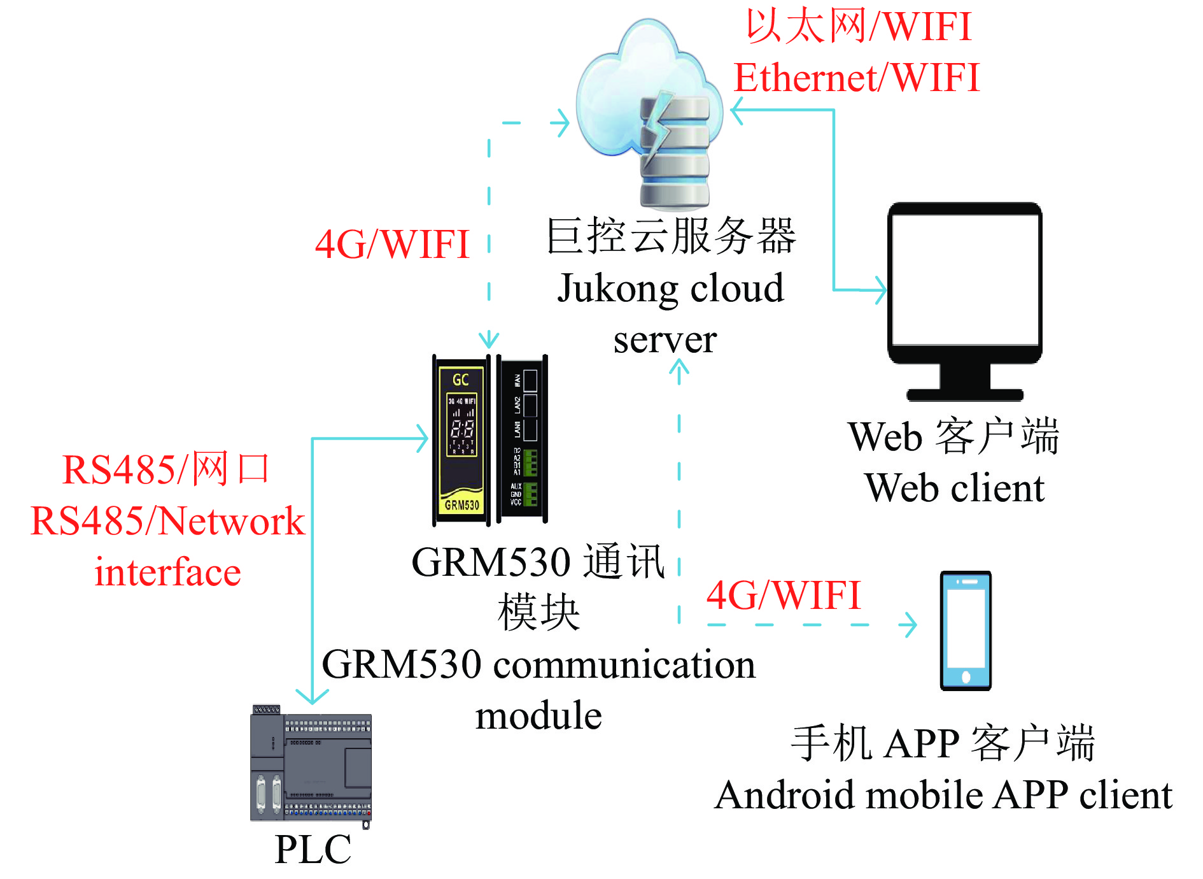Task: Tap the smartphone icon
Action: [x=966, y=630]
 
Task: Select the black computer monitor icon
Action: [x=965, y=299]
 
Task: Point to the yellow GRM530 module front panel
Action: [x=461, y=439]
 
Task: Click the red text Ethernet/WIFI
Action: [x=856, y=78]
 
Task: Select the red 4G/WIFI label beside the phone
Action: [x=784, y=595]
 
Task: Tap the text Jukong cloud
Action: [x=670, y=289]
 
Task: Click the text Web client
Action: [x=954, y=489]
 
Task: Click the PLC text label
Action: [x=313, y=849]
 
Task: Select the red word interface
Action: [x=167, y=572]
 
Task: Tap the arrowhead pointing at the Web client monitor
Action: [x=880, y=290]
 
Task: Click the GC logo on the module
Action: [x=461, y=380]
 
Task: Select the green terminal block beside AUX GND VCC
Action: [x=530, y=494]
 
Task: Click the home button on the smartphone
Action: [x=966, y=676]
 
